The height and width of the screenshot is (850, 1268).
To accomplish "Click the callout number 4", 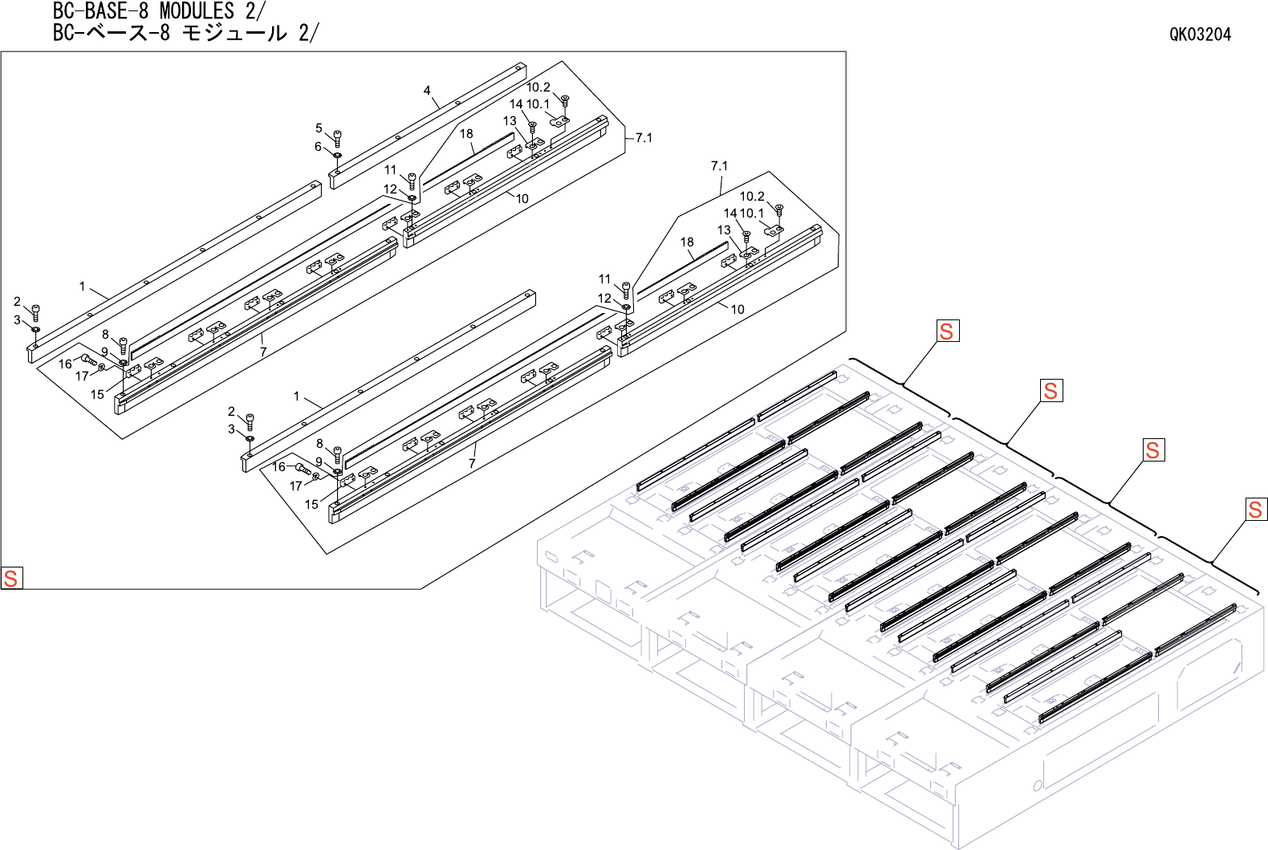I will [x=427, y=91].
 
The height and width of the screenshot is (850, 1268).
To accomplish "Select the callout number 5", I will [x=319, y=128].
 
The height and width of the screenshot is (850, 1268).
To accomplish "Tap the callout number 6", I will [x=318, y=147].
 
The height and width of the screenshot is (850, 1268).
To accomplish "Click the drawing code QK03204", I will [x=1200, y=34].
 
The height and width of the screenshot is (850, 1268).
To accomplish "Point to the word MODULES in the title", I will [x=197, y=11].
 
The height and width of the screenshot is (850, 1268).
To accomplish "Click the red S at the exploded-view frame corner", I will [x=11, y=578].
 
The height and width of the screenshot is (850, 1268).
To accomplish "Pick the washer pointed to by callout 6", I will [x=337, y=154].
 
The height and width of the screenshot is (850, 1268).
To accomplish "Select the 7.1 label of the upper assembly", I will [x=644, y=138].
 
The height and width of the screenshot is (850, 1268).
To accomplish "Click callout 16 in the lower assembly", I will [x=278, y=466].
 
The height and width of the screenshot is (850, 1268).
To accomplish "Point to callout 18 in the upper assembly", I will [x=466, y=134].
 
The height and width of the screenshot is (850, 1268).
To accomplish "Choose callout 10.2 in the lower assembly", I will [x=752, y=197].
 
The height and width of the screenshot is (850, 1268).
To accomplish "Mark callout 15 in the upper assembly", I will [x=97, y=394].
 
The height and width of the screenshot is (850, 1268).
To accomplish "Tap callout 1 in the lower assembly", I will [x=296, y=397].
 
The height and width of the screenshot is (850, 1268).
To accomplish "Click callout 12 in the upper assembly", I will [x=390, y=189].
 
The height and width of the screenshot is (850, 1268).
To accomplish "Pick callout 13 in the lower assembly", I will [x=724, y=230].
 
